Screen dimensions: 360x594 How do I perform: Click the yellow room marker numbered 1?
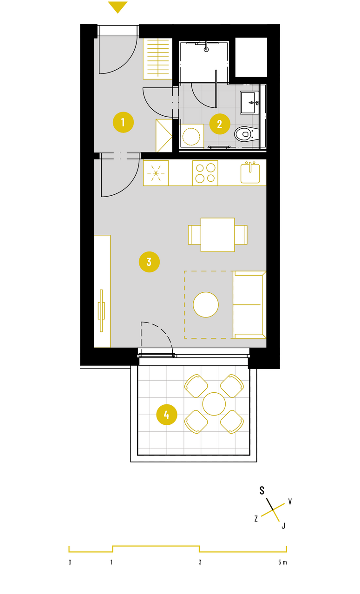point(123,122)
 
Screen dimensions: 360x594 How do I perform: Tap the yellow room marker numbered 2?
point(220,124)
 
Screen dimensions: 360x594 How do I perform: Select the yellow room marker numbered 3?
point(149,262)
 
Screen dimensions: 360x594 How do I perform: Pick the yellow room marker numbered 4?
point(166,415)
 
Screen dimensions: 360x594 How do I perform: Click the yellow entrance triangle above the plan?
point(118,7)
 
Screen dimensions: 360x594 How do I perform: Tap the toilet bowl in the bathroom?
point(247,134)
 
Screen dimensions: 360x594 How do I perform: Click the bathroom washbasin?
point(249,103)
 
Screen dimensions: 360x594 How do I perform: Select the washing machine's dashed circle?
point(191,137)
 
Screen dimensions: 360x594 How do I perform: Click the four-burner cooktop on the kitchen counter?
point(205,173)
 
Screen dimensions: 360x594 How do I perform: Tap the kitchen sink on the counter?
point(250,173)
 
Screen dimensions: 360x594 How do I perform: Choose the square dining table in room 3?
point(218,235)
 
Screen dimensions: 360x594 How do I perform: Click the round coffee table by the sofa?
point(206,305)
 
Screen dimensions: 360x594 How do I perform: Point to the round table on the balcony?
point(214,404)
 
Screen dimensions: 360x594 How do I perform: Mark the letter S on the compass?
point(262,490)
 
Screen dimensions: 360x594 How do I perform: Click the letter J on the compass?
point(283,526)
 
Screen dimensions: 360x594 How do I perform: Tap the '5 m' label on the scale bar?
point(282,562)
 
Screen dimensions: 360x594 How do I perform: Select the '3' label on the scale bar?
point(200,562)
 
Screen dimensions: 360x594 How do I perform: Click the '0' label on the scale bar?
point(70,562)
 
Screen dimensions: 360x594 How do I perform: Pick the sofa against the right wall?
point(249,305)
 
